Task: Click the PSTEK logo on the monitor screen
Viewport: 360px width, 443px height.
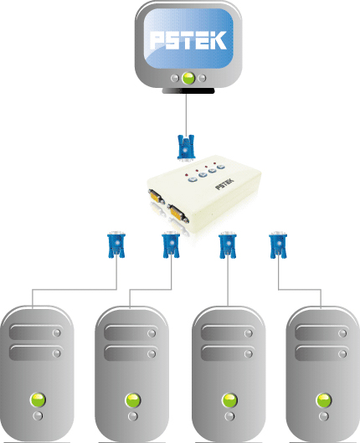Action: point(188,40)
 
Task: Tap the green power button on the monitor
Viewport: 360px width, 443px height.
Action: point(188,78)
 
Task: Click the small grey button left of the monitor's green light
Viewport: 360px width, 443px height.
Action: point(175,78)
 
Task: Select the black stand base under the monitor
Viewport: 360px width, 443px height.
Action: point(188,90)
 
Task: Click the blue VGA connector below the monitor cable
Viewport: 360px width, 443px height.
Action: point(186,147)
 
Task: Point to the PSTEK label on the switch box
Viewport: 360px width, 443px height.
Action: point(224,184)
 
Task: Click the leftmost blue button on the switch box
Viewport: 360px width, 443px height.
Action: point(193,179)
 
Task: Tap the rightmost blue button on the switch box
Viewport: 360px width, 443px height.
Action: point(220,167)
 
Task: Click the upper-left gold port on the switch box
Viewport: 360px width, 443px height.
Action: point(157,196)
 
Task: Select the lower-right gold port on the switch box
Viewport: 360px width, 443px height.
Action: point(177,214)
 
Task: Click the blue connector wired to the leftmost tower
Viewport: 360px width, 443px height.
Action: point(116,245)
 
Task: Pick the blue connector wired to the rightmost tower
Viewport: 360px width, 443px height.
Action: point(278,245)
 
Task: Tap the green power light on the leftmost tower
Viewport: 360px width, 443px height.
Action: point(38,399)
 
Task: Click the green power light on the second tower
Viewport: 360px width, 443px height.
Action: point(133,400)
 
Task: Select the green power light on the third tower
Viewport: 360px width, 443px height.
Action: point(229,400)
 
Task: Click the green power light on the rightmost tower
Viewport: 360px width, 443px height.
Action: point(323,400)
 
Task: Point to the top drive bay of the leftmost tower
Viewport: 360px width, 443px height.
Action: point(36,332)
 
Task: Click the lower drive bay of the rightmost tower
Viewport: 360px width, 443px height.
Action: point(321,353)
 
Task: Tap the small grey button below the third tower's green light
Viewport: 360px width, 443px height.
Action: point(229,416)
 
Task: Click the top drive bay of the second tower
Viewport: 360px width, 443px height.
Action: point(131,332)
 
